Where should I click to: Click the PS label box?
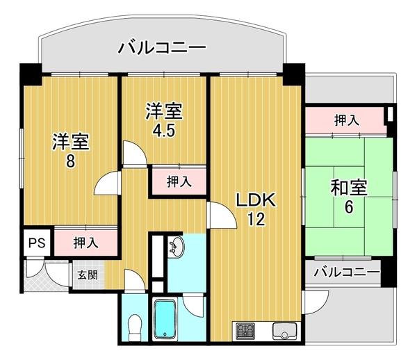coord(37,243)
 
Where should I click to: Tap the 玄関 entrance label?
coord(88,275)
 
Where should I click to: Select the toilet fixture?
coord(135,327)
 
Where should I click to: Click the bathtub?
coord(165,319)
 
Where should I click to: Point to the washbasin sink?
coord(176,247)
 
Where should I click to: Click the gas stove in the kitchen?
coord(245,331)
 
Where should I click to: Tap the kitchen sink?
coord(284,331)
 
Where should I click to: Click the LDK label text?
coord(256,200)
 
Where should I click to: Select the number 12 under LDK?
coord(256,219)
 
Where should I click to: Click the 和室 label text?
coord(349,187)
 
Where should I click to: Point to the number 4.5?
coord(163,131)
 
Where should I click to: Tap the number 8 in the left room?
coord(70,161)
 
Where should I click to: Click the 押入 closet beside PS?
coord(86,243)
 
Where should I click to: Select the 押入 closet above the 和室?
coord(345,120)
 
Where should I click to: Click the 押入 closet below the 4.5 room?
coord(179,181)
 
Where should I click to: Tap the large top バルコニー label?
coord(162,47)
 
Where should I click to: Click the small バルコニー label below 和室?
coord(347,272)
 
